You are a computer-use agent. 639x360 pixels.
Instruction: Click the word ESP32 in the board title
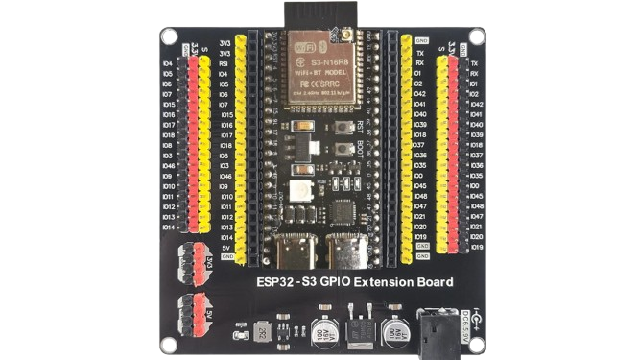pos(275,282)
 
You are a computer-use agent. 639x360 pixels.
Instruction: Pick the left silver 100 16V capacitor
pos(319,326)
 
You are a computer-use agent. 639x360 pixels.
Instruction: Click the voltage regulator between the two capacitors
pos(359,328)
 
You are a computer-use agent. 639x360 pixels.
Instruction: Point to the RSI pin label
pos(225,65)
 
